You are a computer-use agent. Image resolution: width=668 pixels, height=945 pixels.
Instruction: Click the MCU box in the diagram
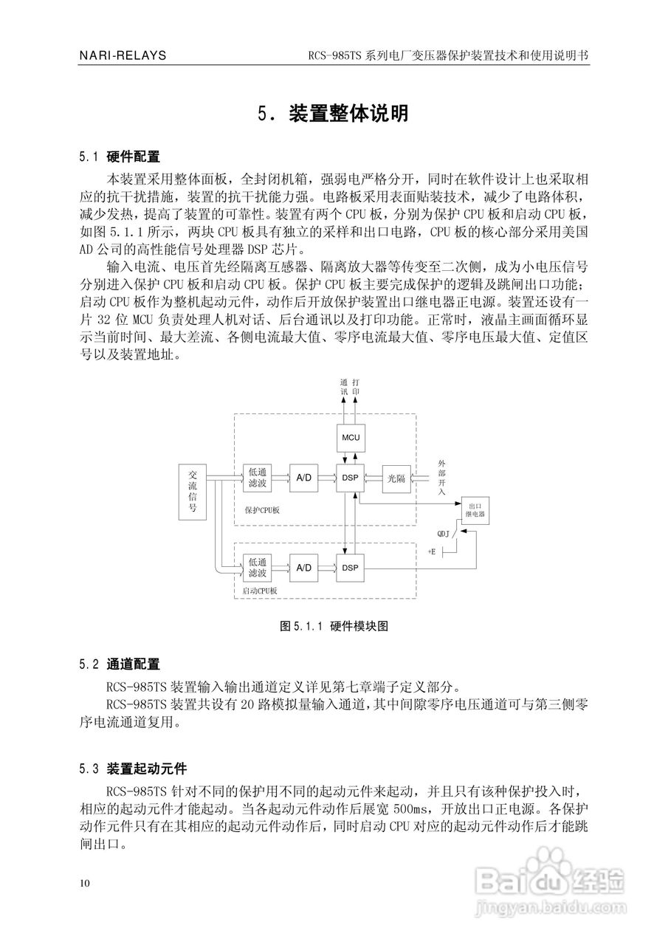pyautogui.click(x=350, y=437)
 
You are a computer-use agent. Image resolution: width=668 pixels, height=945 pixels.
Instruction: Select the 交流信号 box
pyautogui.click(x=193, y=492)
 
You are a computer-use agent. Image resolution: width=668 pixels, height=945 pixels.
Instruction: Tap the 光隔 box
pyautogui.click(x=397, y=478)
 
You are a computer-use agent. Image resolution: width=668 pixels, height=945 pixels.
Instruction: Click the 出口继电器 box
pyautogui.click(x=475, y=511)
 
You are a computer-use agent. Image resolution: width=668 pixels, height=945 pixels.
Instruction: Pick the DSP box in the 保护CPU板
pyautogui.click(x=350, y=478)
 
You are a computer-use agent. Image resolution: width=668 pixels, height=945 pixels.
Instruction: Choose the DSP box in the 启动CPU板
pyautogui.click(x=350, y=567)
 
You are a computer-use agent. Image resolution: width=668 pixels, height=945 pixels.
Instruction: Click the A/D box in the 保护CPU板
pyautogui.click(x=303, y=478)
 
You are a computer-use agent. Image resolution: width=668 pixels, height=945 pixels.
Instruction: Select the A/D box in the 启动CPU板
pyautogui.click(x=303, y=567)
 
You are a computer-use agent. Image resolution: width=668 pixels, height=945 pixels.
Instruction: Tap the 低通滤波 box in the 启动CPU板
pyautogui.click(x=258, y=567)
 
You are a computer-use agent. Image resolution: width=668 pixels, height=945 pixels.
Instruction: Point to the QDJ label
pyautogui.click(x=444, y=532)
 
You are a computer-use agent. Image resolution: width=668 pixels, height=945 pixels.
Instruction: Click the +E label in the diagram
pyautogui.click(x=432, y=551)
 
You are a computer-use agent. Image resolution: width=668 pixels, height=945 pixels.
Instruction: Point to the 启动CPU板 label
pyautogui.click(x=260, y=591)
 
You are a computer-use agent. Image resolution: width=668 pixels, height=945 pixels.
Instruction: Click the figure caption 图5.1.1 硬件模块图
pyautogui.click(x=334, y=626)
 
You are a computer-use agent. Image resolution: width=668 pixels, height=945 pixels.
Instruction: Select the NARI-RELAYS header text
pyautogui.click(x=123, y=55)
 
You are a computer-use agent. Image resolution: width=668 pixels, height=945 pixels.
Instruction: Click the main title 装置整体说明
pyautogui.click(x=334, y=114)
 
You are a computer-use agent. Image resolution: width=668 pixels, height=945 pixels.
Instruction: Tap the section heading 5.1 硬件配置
pyautogui.click(x=120, y=157)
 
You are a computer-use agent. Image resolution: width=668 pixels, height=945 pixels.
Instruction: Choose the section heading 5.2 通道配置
pyautogui.click(x=120, y=664)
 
